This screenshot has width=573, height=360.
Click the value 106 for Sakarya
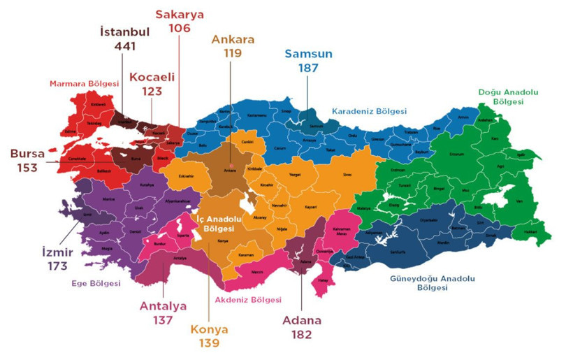click(180, 28)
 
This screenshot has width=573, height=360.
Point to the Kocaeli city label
click(152, 77)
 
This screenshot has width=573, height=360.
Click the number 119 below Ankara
click(233, 52)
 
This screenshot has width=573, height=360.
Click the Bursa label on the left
click(28, 154)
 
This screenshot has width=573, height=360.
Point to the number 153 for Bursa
click(28, 168)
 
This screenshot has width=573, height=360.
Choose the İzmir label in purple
click(53, 252)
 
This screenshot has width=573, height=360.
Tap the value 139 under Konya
click(209, 343)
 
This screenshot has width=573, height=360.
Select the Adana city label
click(302, 320)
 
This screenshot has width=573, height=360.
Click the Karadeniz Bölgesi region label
click(369, 111)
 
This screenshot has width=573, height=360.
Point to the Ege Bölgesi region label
click(96, 284)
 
